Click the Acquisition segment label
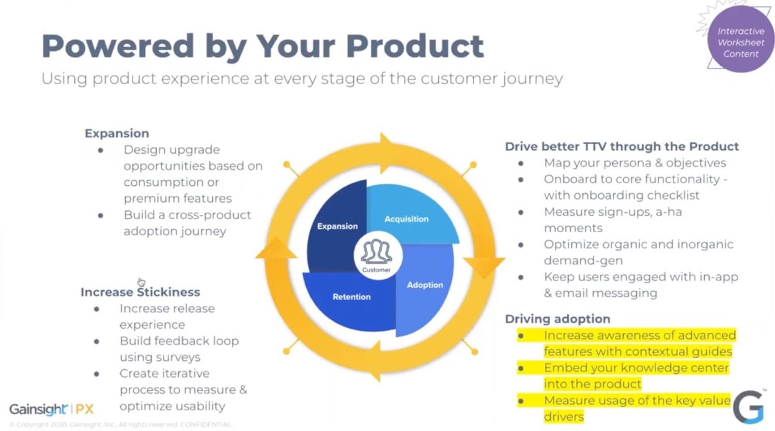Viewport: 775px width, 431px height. click(406, 219)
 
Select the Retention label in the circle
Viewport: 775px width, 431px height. click(351, 297)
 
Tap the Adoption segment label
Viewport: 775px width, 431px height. click(425, 285)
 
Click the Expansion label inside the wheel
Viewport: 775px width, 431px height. click(337, 226)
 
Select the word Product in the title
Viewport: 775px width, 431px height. click(415, 46)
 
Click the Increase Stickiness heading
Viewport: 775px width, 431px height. click(140, 292)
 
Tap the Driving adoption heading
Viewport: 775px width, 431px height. click(558, 319)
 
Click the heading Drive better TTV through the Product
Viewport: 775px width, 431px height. click(621, 147)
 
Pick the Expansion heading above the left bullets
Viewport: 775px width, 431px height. click(117, 134)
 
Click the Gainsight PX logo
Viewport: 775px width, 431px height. click(51, 409)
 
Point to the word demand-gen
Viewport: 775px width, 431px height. click(583, 261)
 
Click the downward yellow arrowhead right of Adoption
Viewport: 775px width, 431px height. click(484, 267)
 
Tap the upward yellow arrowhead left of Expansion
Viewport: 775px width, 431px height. click(276, 248)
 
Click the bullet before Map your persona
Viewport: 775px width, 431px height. click(521, 163)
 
